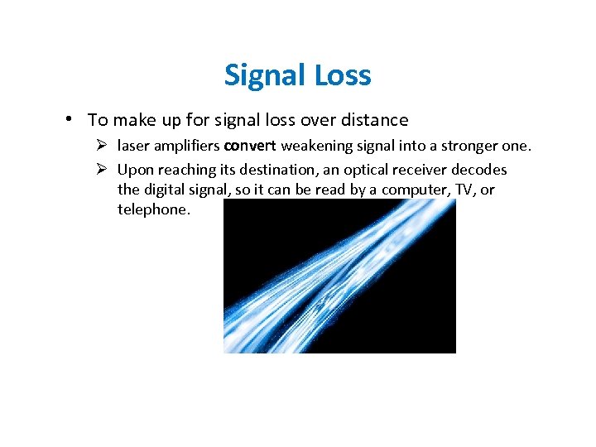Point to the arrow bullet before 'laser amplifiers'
pos(102,147)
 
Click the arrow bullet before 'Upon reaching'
pos(102,170)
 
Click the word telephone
pos(153,209)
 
